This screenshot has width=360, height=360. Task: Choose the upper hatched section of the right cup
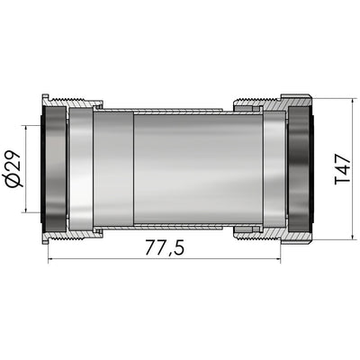(270, 102)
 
